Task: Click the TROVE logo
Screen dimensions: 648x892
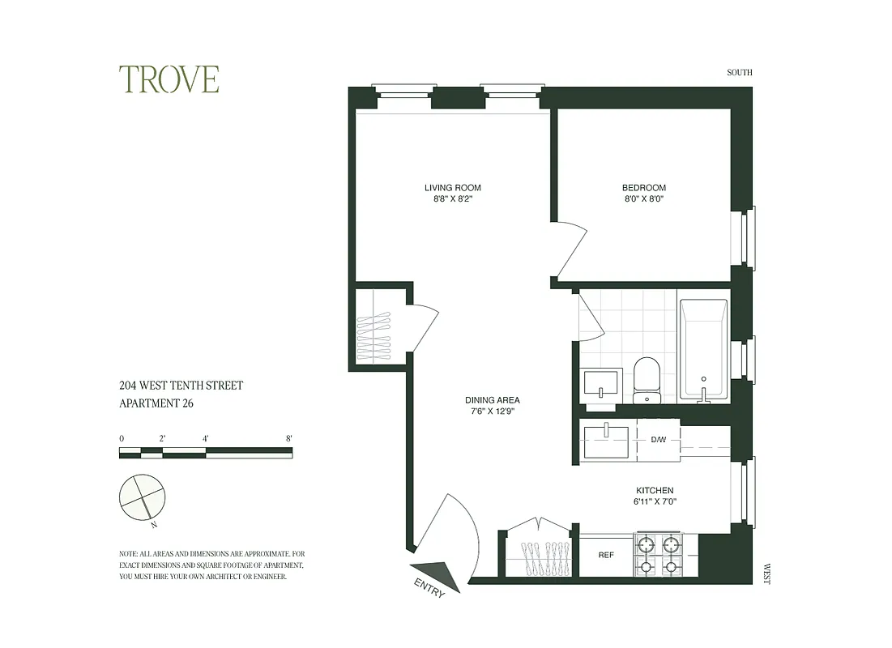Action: [169, 79]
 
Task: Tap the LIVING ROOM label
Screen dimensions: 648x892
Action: [452, 188]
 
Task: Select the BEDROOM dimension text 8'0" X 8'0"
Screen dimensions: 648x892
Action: [643, 198]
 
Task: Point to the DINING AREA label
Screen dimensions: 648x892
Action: [492, 400]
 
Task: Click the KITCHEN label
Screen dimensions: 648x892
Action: [654, 491]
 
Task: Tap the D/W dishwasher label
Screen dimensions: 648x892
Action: [658, 441]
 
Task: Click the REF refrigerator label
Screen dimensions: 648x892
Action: [605, 556]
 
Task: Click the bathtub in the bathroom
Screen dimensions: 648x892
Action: [703, 350]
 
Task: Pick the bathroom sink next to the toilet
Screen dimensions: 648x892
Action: [601, 383]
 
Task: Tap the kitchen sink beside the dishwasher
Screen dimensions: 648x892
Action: [607, 441]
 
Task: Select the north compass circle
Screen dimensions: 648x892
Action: [143, 497]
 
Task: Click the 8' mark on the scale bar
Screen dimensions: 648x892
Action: [289, 438]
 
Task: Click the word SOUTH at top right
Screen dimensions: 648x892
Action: [739, 73]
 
